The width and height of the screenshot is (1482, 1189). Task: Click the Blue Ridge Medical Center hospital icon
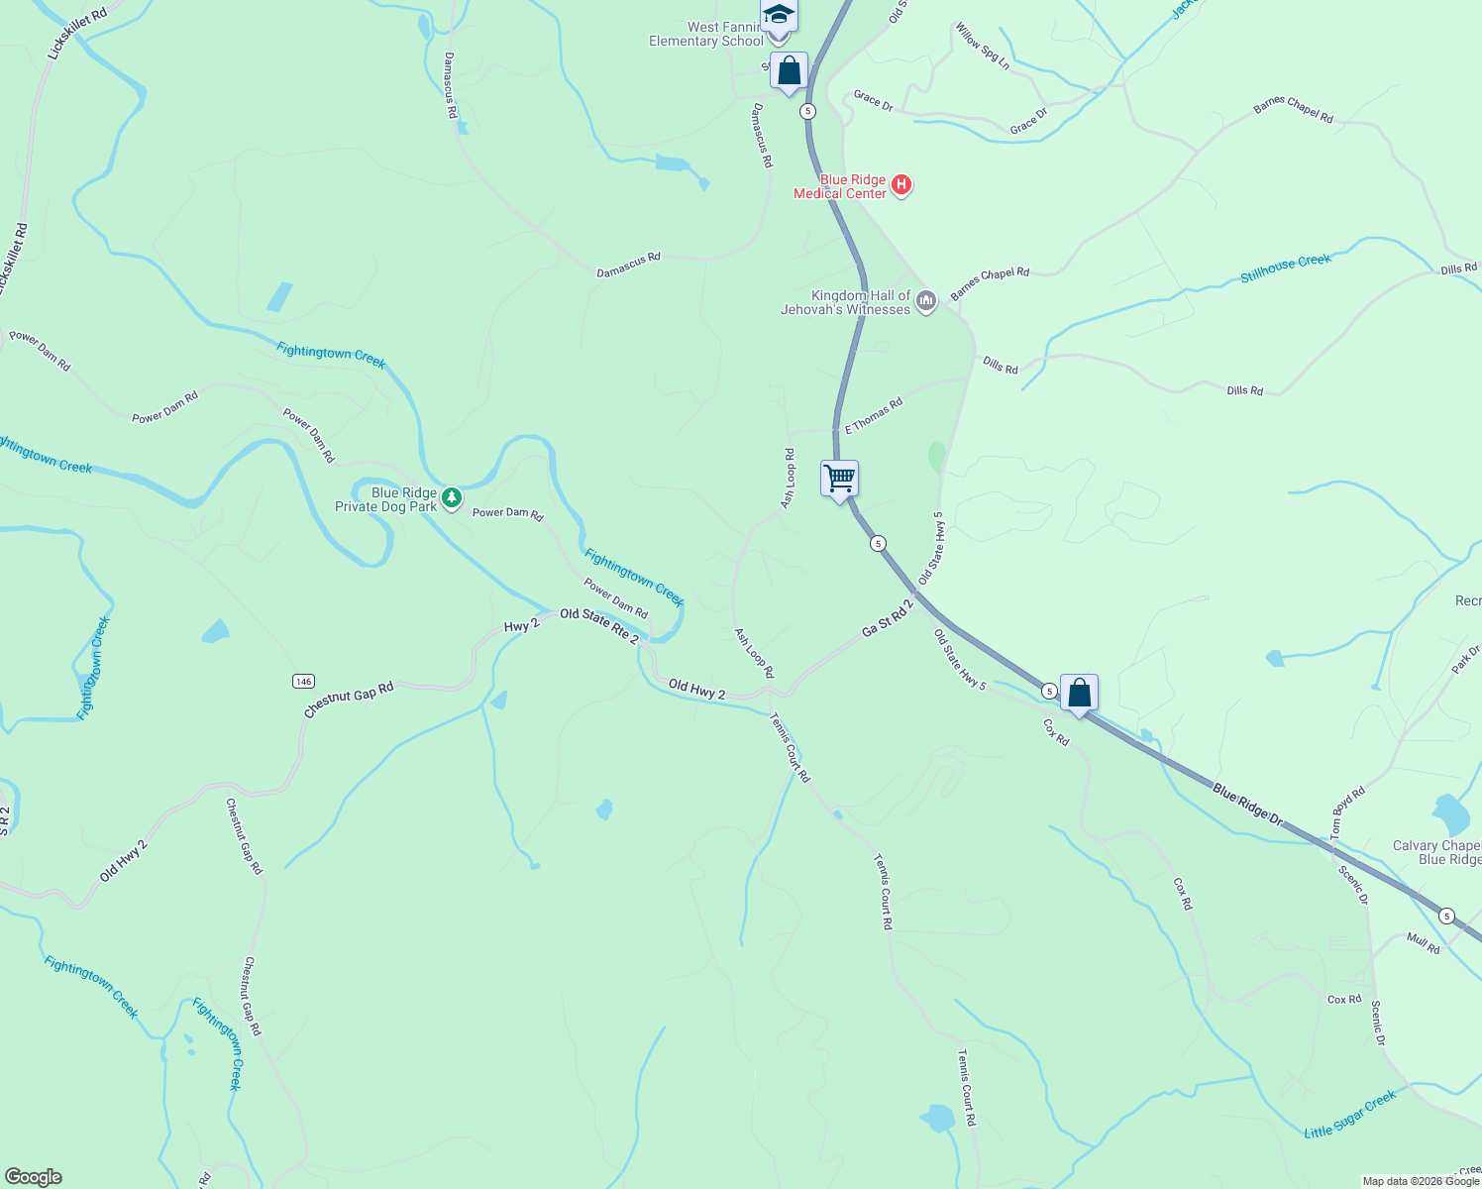click(901, 184)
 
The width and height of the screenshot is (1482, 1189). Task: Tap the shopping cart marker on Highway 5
click(839, 480)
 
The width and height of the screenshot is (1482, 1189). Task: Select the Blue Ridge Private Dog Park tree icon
click(452, 497)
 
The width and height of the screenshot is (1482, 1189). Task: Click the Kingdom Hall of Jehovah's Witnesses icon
click(926, 300)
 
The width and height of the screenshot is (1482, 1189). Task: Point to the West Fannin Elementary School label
click(705, 35)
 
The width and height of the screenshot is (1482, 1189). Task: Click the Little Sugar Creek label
click(1349, 1115)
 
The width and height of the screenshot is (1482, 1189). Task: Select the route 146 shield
click(303, 681)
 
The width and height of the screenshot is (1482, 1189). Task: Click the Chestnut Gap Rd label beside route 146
click(349, 700)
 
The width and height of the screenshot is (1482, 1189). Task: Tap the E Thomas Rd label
click(873, 416)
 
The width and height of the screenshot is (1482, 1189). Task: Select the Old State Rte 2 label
click(599, 625)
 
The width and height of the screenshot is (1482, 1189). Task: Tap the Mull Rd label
click(1424, 942)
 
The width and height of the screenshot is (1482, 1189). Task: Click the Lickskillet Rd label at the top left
click(77, 34)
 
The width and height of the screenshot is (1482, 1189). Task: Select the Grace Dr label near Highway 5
click(873, 100)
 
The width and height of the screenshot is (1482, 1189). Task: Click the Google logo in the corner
click(34, 1177)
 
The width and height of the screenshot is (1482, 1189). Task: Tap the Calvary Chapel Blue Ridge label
click(1437, 852)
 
